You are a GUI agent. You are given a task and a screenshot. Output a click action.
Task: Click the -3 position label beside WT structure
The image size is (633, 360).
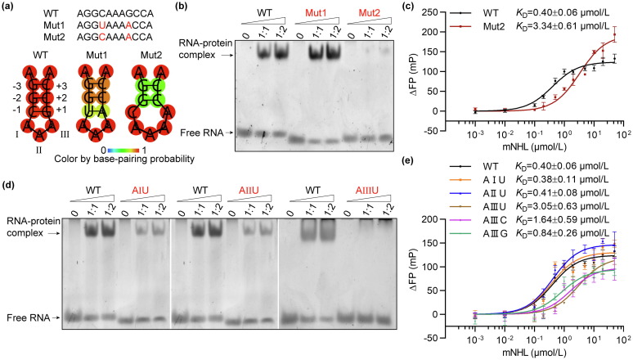10,86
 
